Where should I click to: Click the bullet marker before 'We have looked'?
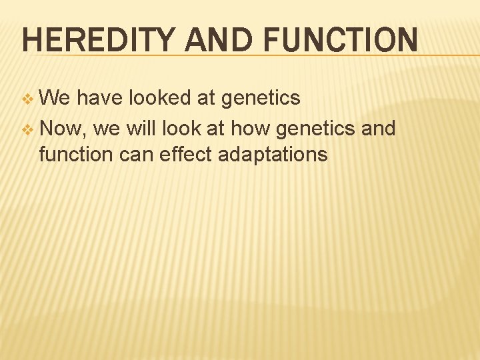coord(27,99)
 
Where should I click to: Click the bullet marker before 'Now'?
coord(27,127)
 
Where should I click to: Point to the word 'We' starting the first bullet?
coord(55,98)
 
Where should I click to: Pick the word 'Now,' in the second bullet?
coord(65,127)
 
